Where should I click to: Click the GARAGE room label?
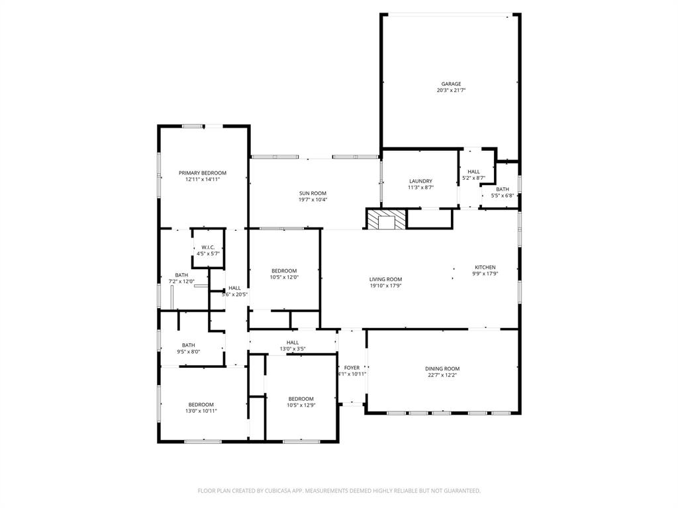point(451,84)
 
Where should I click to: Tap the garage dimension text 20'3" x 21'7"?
point(451,91)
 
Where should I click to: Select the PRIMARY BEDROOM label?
point(202,173)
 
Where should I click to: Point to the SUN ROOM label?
point(313,193)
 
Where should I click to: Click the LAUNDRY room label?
point(420,181)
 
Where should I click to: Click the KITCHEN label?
point(485,267)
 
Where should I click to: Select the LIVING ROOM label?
point(385,279)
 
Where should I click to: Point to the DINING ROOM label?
point(442,368)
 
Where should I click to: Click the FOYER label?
point(352,368)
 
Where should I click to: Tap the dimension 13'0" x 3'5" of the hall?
point(292,349)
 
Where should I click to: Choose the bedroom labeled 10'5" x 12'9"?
point(301,399)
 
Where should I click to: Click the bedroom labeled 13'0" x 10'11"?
point(201,405)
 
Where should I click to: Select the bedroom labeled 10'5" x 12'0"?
point(284,271)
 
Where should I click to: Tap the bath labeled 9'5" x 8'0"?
point(189,345)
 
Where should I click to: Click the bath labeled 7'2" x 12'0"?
point(181,275)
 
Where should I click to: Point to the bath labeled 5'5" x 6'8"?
point(503,189)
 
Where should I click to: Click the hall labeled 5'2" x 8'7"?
point(473,171)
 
